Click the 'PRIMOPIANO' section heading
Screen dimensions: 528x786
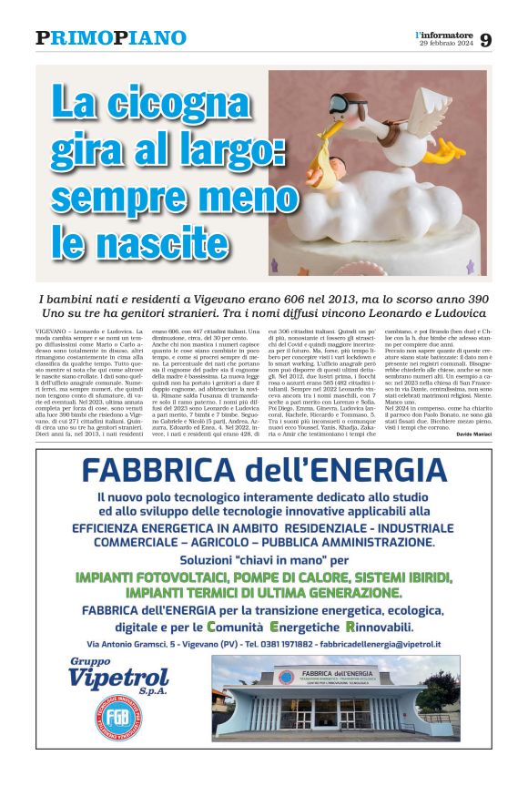click(x=111, y=38)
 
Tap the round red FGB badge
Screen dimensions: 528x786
click(x=98, y=715)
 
